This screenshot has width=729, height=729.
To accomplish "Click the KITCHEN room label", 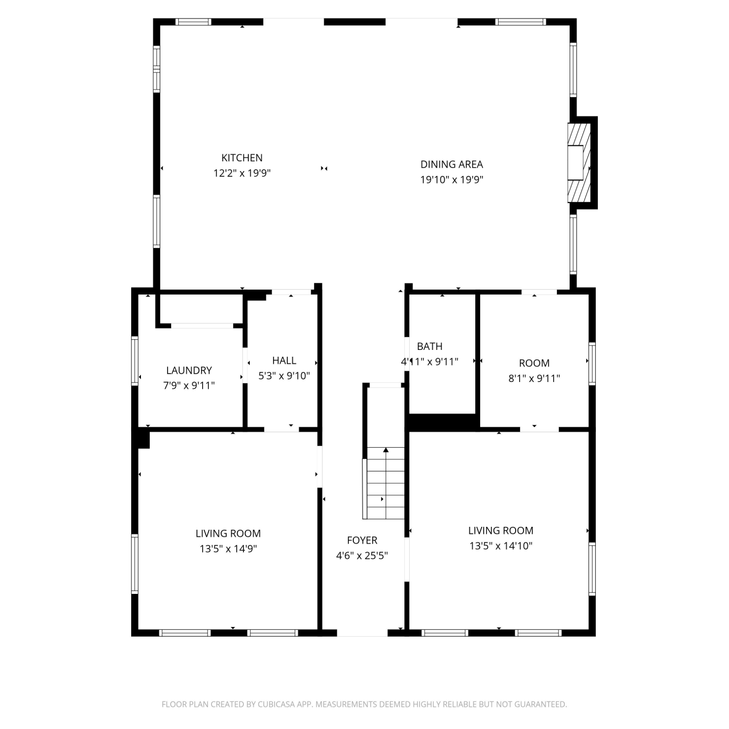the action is point(242,158).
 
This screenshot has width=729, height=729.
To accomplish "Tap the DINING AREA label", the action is point(451,164).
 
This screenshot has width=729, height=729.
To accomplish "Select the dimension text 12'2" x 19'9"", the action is point(242,173).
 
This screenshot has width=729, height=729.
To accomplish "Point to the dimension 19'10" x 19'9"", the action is point(451,180).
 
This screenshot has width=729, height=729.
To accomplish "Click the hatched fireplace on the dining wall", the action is point(579,163).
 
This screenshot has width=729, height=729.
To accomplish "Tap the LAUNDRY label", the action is point(189,370).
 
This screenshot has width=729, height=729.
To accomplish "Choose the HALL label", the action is point(284,360).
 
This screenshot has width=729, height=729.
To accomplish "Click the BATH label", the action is point(430,346).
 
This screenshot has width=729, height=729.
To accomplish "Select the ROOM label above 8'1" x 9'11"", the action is point(534,363).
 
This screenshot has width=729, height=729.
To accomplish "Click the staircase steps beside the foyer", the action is point(385,483).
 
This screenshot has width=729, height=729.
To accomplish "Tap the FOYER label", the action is point(362,540).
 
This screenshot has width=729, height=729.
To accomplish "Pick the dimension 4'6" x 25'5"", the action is point(362,555).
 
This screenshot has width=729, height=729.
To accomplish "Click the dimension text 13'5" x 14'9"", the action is point(228,549).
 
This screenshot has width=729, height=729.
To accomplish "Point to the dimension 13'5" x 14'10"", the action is point(501,546).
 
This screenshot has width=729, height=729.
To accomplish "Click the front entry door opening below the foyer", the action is point(362,633).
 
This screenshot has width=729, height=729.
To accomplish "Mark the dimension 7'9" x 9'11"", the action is point(189,385).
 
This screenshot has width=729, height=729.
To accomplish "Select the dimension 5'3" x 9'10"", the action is point(284,376).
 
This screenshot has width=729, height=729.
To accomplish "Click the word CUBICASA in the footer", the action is point(278,704).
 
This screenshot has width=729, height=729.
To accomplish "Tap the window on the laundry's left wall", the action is point(135,361).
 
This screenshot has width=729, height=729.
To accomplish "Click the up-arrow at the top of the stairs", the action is point(386,450).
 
